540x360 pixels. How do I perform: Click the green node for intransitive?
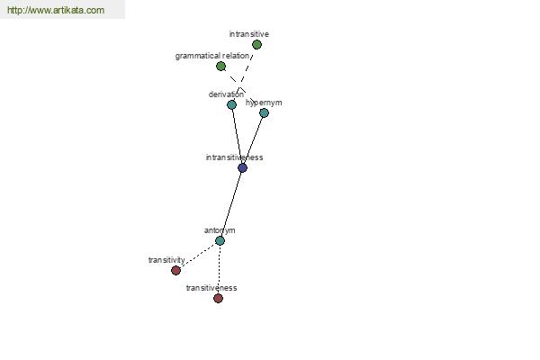256,44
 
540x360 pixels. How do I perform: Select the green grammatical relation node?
220,66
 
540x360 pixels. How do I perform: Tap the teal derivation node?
232,104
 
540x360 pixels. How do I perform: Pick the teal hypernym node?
264,112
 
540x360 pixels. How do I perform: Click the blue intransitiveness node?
242,167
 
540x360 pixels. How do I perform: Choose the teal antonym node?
220,240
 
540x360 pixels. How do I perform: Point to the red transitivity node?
176,270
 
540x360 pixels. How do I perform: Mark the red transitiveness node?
218,298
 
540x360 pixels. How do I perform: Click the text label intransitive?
249,34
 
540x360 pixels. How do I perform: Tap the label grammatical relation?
212,56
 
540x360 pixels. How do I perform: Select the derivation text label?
226,94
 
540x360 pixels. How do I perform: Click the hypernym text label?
264,103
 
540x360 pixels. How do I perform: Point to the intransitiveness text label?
235,157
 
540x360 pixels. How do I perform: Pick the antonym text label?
220,230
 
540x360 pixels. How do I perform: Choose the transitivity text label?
166,260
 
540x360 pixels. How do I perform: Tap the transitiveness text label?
211,288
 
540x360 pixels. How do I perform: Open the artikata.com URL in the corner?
56,10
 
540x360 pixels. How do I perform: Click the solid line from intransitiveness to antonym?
231,204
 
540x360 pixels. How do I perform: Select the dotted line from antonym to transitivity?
198,256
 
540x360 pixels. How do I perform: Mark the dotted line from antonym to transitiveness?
219,269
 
